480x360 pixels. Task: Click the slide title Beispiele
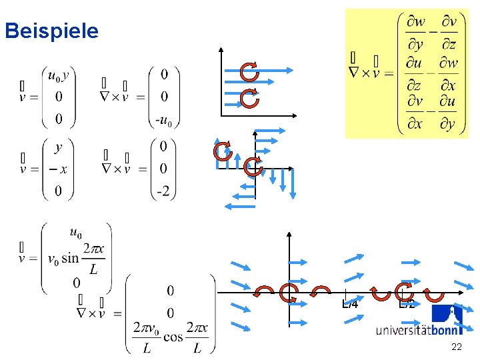[x=51, y=31]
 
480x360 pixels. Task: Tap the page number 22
[x=457, y=347]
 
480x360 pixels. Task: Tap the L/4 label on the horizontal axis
[x=350, y=305]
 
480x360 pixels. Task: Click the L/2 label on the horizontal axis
[x=407, y=305]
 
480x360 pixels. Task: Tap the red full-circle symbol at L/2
[x=404, y=292]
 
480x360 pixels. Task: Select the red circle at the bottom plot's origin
[x=289, y=293]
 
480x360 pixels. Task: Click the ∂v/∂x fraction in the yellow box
[x=415, y=113]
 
